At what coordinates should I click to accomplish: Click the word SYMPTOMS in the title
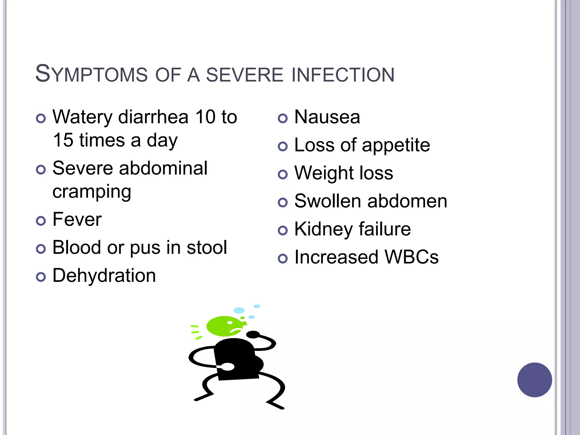coord(91,74)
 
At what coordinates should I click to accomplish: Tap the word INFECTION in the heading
coord(343,75)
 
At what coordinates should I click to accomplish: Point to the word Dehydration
coord(104,276)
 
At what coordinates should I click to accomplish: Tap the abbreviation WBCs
coord(411,257)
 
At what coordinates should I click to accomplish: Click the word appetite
coord(396,146)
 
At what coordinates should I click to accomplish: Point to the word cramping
coord(92,192)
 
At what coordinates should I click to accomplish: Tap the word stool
coord(207,248)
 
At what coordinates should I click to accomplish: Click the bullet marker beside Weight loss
coord(283,174)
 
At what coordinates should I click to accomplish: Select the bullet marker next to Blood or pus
coord(41,249)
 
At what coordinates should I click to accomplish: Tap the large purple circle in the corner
coord(534,380)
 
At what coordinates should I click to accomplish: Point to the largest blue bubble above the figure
coord(239,310)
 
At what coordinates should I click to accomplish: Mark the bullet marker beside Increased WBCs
coord(283,258)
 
